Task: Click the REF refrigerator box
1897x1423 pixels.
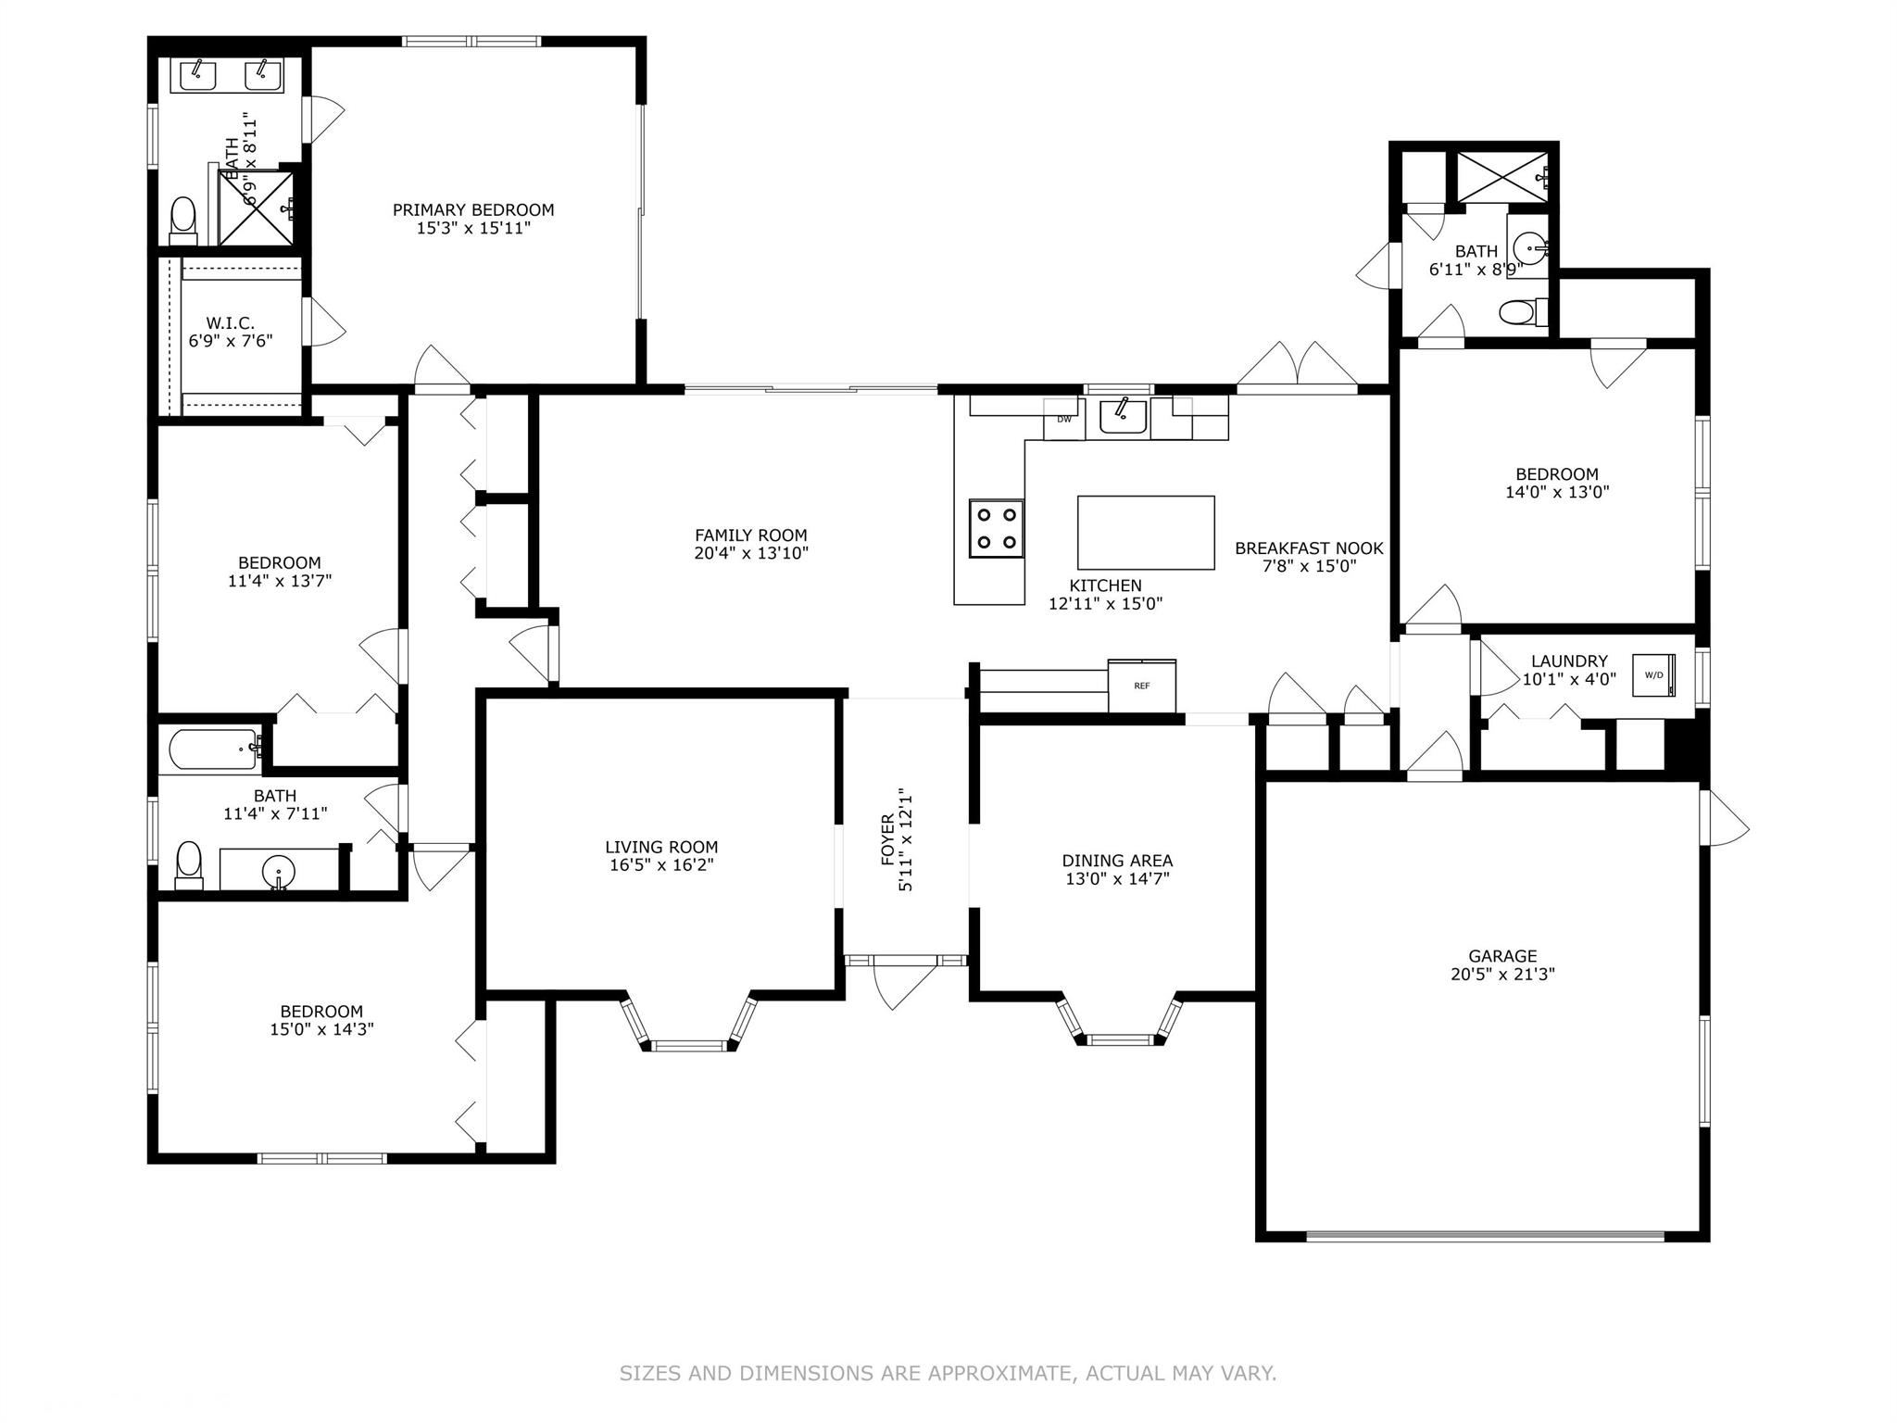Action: pos(1142,686)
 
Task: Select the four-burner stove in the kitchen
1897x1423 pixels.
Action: pos(997,528)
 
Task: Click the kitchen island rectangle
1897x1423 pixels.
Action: pos(1146,533)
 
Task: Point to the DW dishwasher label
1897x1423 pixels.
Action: pos(1064,419)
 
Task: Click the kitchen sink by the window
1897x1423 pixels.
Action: pos(1123,416)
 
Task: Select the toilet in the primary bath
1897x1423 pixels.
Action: pos(184,220)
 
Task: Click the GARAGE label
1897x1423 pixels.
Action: pos(1502,956)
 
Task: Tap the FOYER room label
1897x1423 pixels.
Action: pos(888,839)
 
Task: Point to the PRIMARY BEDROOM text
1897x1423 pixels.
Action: pos(473,210)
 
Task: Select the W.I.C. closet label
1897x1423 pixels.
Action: pos(231,322)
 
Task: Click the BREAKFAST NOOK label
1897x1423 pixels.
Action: pos(1309,548)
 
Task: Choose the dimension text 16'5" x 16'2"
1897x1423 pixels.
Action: pos(661,864)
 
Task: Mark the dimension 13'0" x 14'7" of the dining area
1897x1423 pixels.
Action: pos(1118,878)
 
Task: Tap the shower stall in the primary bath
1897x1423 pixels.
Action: pos(257,207)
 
